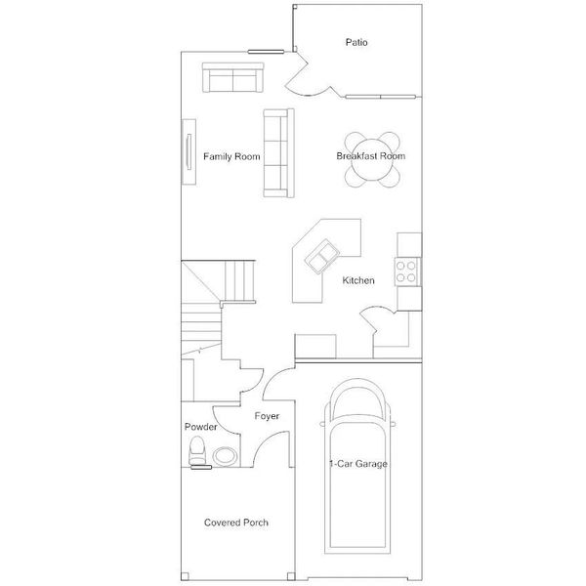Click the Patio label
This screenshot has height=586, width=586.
[356, 42]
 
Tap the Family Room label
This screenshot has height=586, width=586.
[231, 156]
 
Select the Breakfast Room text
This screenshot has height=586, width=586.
[370, 156]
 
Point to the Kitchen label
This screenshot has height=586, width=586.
[358, 281]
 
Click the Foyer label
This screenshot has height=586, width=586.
[268, 417]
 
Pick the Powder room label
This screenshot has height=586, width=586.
[200, 428]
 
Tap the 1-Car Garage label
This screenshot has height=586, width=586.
[358, 464]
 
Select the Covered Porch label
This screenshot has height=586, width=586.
[236, 523]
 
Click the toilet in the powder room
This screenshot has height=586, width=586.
[198, 452]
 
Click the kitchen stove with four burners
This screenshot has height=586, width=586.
[407, 271]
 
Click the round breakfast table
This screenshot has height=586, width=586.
[372, 158]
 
